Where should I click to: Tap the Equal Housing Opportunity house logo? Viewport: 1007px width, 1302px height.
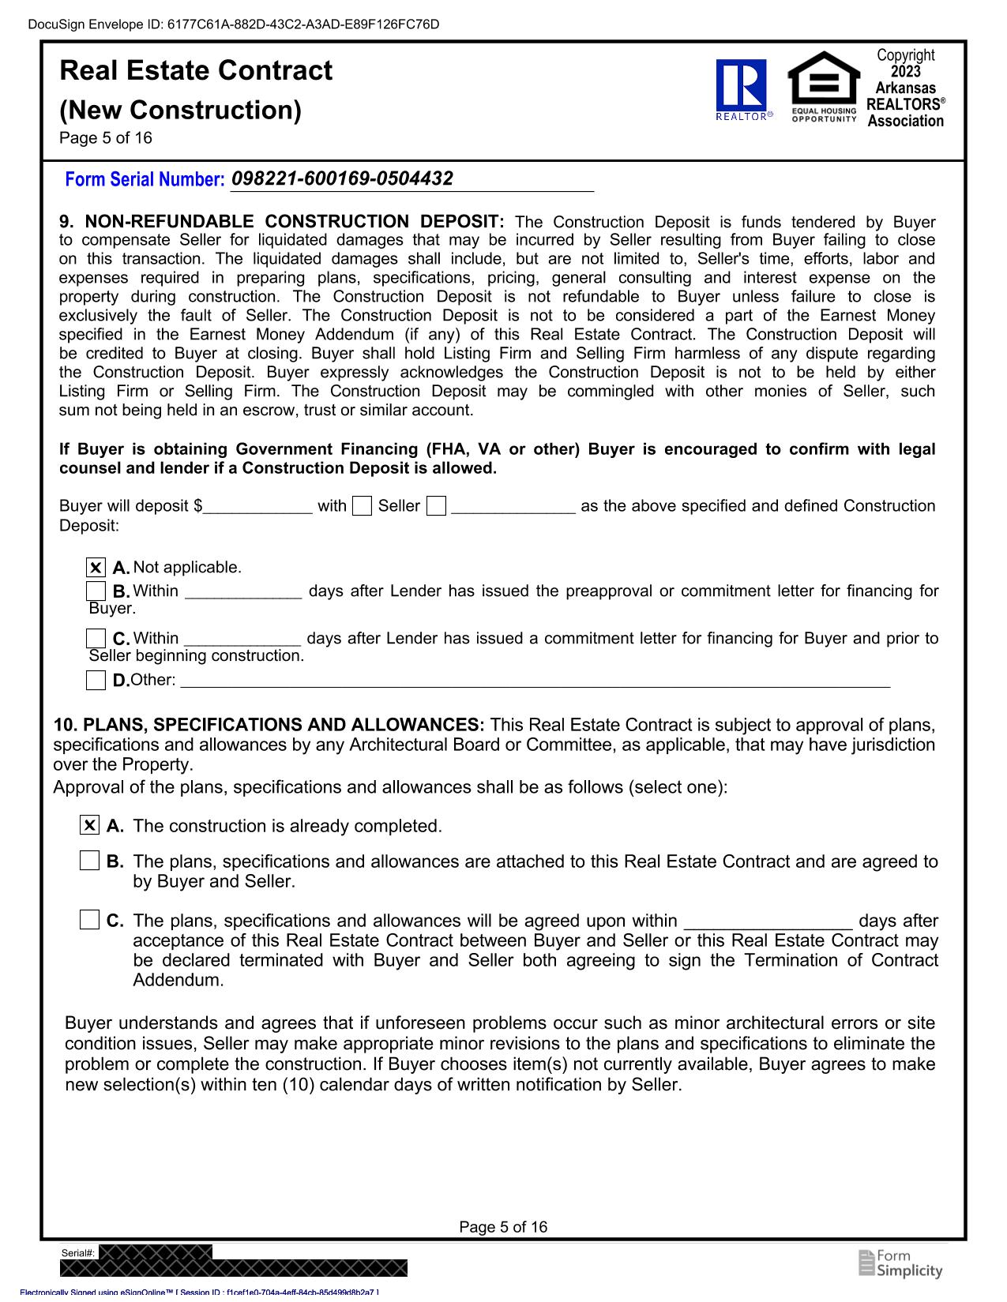pos(824,84)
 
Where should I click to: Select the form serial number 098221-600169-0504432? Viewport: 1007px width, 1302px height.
pos(342,178)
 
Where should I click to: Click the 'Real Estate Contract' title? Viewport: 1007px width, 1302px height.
pos(196,71)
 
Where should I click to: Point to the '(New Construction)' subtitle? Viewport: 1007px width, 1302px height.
pos(180,110)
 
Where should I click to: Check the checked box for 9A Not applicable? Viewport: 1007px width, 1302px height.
pos(96,568)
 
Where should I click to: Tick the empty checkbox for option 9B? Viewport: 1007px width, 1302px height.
pos(96,591)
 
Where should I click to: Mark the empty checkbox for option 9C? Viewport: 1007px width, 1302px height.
pos(96,638)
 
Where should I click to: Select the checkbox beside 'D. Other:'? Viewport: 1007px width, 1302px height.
pos(96,680)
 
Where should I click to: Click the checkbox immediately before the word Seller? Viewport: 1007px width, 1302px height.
pos(362,506)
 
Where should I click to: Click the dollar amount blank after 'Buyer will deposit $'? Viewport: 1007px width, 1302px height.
pos(257,506)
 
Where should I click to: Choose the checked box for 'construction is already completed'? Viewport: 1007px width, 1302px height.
pos(90,826)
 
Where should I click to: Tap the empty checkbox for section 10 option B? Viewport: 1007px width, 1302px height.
pos(90,861)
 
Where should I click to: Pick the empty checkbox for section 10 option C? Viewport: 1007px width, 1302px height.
pos(90,920)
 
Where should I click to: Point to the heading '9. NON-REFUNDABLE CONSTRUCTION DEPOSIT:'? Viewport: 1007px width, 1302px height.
pos(282,222)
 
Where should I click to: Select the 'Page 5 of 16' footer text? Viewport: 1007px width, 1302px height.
pos(503,1227)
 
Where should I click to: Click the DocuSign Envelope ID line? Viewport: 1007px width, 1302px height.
pos(233,24)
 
